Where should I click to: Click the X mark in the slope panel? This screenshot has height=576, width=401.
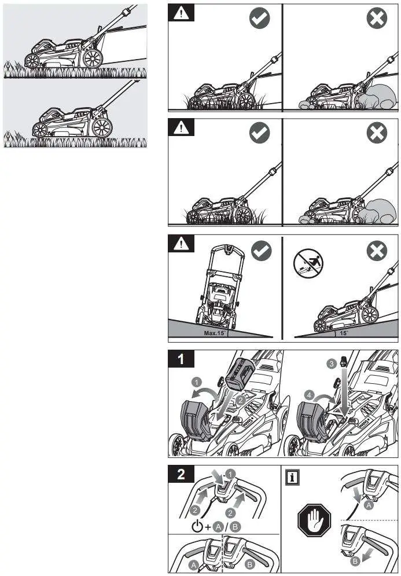pyautogui.click(x=377, y=250)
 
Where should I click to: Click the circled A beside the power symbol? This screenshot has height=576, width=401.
pyautogui.click(x=218, y=527)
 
